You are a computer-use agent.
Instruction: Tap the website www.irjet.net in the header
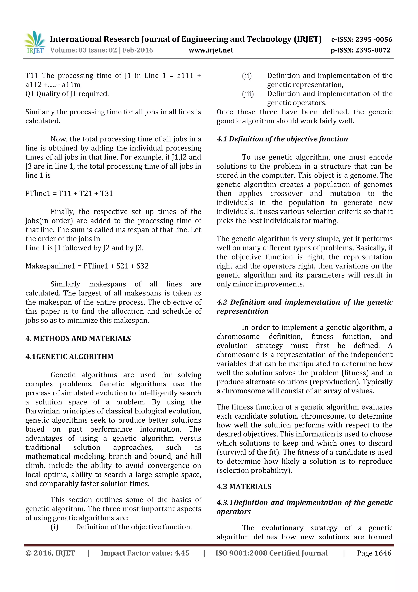click(211, 50)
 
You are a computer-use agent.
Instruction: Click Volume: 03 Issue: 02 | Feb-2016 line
click(102, 50)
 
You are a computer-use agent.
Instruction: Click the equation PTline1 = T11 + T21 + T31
click(69, 193)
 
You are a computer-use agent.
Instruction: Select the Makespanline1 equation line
click(87, 266)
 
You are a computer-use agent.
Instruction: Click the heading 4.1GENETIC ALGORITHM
click(69, 357)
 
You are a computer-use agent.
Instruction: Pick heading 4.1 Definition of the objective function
click(282, 139)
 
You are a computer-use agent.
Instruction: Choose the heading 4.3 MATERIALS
click(244, 487)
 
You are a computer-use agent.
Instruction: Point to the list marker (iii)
click(248, 94)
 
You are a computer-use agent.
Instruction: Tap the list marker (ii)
click(247, 76)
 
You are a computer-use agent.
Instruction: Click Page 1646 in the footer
click(374, 553)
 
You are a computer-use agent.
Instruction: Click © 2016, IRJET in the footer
click(50, 553)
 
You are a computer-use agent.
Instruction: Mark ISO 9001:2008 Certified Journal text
click(271, 553)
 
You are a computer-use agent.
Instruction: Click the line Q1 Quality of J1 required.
click(67, 94)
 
